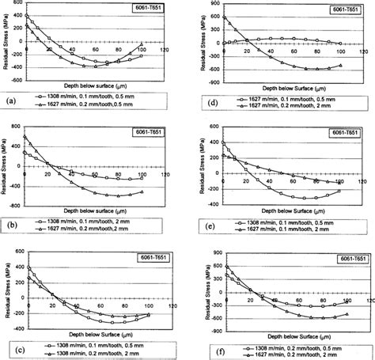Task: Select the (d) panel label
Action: [201, 101]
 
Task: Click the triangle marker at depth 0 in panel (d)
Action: [223, 17]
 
